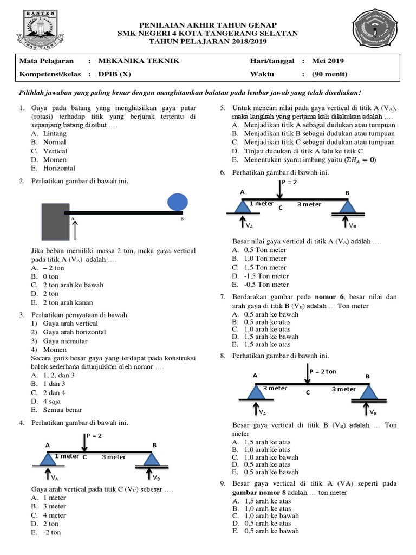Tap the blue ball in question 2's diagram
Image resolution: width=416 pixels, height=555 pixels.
177,202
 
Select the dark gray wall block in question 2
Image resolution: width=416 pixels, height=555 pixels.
56,222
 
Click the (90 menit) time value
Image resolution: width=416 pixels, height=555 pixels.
329,74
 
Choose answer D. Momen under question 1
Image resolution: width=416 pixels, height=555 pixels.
49,159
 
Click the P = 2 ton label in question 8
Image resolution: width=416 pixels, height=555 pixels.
323,371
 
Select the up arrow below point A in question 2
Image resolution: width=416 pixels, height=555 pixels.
75,230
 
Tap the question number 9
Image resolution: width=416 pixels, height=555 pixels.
222,483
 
